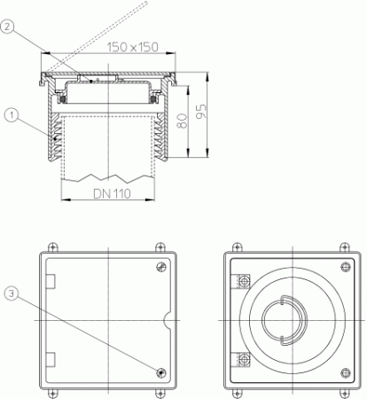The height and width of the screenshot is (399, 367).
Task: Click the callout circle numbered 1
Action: coord(12,115)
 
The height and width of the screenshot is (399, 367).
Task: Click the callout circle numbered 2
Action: coord(7,27)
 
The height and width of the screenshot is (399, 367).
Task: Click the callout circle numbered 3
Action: coord(12,293)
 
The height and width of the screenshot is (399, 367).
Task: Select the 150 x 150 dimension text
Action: coord(133,47)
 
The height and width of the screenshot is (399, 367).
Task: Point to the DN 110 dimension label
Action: coord(112,194)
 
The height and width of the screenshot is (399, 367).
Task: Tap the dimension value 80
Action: coord(183,121)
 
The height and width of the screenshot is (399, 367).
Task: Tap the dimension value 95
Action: coord(202,112)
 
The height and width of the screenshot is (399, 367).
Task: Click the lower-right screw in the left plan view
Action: coord(161,372)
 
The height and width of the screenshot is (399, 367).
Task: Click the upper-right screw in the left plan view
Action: coord(161,267)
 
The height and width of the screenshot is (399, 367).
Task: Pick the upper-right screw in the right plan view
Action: coord(346,267)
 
